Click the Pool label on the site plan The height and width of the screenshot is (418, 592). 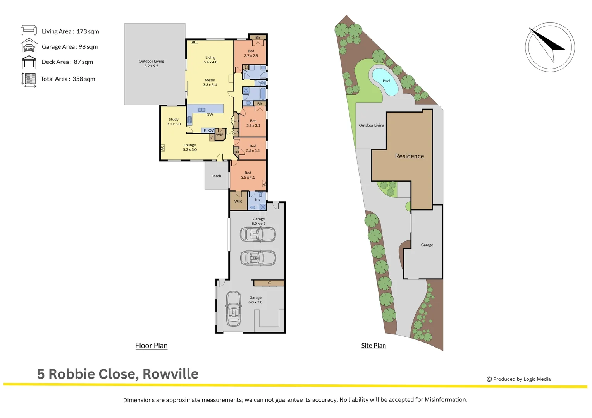pos(386,81)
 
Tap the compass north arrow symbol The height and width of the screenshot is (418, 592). pos(549,47)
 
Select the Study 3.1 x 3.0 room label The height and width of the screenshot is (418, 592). pos(174,122)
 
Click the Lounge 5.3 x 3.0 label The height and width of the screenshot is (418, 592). pos(189,147)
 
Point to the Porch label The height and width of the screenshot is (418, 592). pos(216,176)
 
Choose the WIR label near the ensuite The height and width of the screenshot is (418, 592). pos(238,201)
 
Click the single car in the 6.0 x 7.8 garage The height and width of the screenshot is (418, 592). pos(234,309)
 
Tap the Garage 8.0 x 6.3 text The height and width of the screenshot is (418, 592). pos(258,221)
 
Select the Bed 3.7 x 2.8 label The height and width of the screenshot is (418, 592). pos(251,53)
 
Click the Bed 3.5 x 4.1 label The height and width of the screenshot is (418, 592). pos(248,175)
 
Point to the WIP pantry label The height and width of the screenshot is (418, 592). pos(220,135)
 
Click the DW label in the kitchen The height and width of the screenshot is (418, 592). pos(210,115)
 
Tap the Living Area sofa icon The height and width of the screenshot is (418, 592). pos(29,30)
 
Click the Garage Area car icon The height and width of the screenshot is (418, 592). pos(29,46)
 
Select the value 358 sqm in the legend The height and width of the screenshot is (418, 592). pos(84,79)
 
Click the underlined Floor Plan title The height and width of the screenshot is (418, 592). pos(151,345)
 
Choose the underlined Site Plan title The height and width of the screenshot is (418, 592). pos(373,345)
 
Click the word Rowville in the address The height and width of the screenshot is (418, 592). pos(170,374)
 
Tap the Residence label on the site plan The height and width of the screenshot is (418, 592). pos(409,156)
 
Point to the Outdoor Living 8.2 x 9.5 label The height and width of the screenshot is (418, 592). pos(151,63)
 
